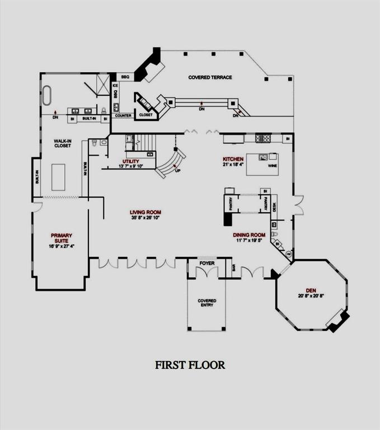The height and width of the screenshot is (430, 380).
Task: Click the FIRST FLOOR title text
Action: tap(190, 365)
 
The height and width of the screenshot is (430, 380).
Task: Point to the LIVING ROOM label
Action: tap(146, 212)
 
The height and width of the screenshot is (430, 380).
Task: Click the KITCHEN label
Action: tap(233, 160)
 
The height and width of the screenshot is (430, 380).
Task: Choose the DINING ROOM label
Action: tap(249, 235)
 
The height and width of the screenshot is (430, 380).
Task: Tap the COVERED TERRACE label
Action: tap(210, 77)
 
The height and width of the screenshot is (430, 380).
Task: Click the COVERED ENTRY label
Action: tap(207, 303)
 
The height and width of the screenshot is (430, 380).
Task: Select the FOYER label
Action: tap(207, 263)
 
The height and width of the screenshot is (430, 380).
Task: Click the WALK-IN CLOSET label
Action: tap(62, 143)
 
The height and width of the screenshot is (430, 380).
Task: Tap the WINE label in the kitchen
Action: tap(273, 166)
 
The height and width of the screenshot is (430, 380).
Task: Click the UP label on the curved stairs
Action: tap(178, 170)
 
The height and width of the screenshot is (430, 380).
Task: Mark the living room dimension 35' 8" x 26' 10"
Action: tap(146, 218)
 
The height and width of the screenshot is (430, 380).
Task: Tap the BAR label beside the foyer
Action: tap(234, 267)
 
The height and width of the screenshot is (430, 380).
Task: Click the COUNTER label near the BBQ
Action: tap(123, 116)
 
